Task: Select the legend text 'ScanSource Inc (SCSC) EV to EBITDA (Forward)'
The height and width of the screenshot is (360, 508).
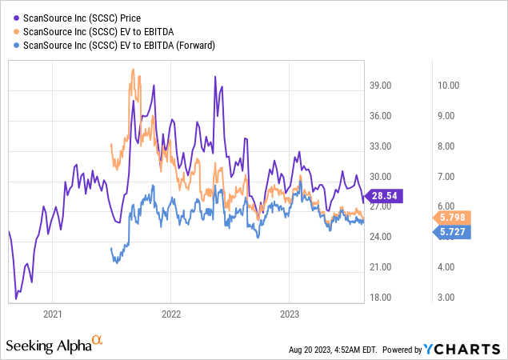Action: [119, 46]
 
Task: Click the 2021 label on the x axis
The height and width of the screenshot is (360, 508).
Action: [53, 314]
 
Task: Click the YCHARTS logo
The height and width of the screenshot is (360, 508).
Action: [469, 349]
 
